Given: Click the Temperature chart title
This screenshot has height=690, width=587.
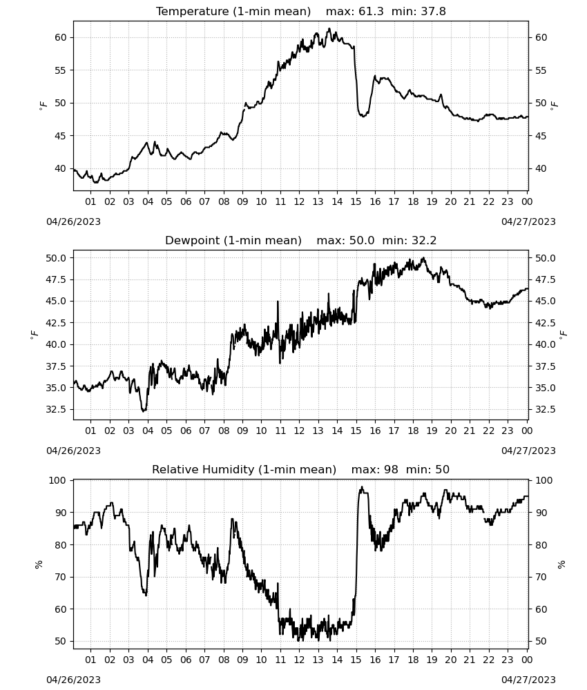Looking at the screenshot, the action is (x=301, y=11).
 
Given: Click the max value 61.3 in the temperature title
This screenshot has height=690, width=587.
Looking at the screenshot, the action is (x=372, y=11).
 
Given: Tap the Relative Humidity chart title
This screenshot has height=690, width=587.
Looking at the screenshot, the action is (x=301, y=469).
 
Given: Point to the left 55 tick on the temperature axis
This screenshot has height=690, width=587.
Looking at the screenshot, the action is (x=61, y=70).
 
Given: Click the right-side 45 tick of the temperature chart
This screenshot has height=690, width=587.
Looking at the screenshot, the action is (x=541, y=136).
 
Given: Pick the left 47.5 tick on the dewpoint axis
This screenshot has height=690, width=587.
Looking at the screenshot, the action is (x=57, y=280).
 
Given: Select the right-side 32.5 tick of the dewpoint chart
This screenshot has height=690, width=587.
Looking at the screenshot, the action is (x=545, y=410).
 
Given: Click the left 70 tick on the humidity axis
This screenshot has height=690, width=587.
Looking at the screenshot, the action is (x=61, y=577).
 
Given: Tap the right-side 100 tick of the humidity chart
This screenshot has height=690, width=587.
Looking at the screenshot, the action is (x=544, y=480).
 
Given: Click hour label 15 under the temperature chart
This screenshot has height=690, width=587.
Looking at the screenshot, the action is (x=356, y=201).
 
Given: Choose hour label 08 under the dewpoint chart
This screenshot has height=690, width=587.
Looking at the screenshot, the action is (x=224, y=431).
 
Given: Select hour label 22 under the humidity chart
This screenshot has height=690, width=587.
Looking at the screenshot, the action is (x=488, y=660).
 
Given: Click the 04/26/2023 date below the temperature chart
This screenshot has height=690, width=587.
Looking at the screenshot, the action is (x=73, y=221).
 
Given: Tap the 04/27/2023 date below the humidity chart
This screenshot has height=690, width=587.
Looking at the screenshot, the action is (x=528, y=680).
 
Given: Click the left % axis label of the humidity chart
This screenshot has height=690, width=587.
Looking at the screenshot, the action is (x=38, y=564).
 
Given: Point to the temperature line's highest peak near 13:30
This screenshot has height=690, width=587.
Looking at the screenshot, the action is (x=329, y=28).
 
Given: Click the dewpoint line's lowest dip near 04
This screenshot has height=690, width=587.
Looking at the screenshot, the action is (x=143, y=411).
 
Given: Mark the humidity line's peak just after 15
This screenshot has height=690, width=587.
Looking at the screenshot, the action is (x=362, y=486).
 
